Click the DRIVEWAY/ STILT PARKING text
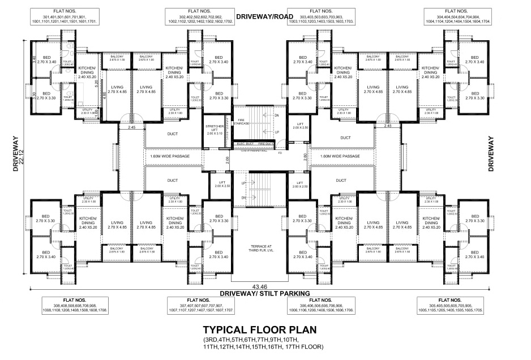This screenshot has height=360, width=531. pos(265,294)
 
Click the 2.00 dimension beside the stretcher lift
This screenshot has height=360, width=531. pos(228,160)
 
